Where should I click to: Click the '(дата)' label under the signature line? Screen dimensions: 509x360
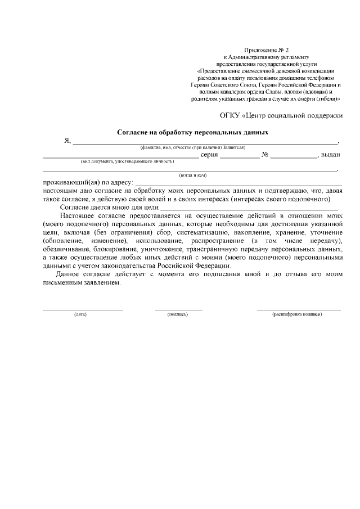pyautogui.click(x=80, y=314)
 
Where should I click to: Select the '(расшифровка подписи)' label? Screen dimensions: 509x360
pyautogui.click(x=298, y=314)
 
